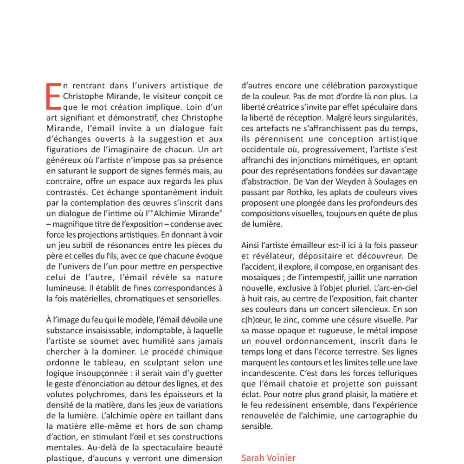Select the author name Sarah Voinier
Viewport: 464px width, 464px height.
pyautogui.click(x=268, y=458)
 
